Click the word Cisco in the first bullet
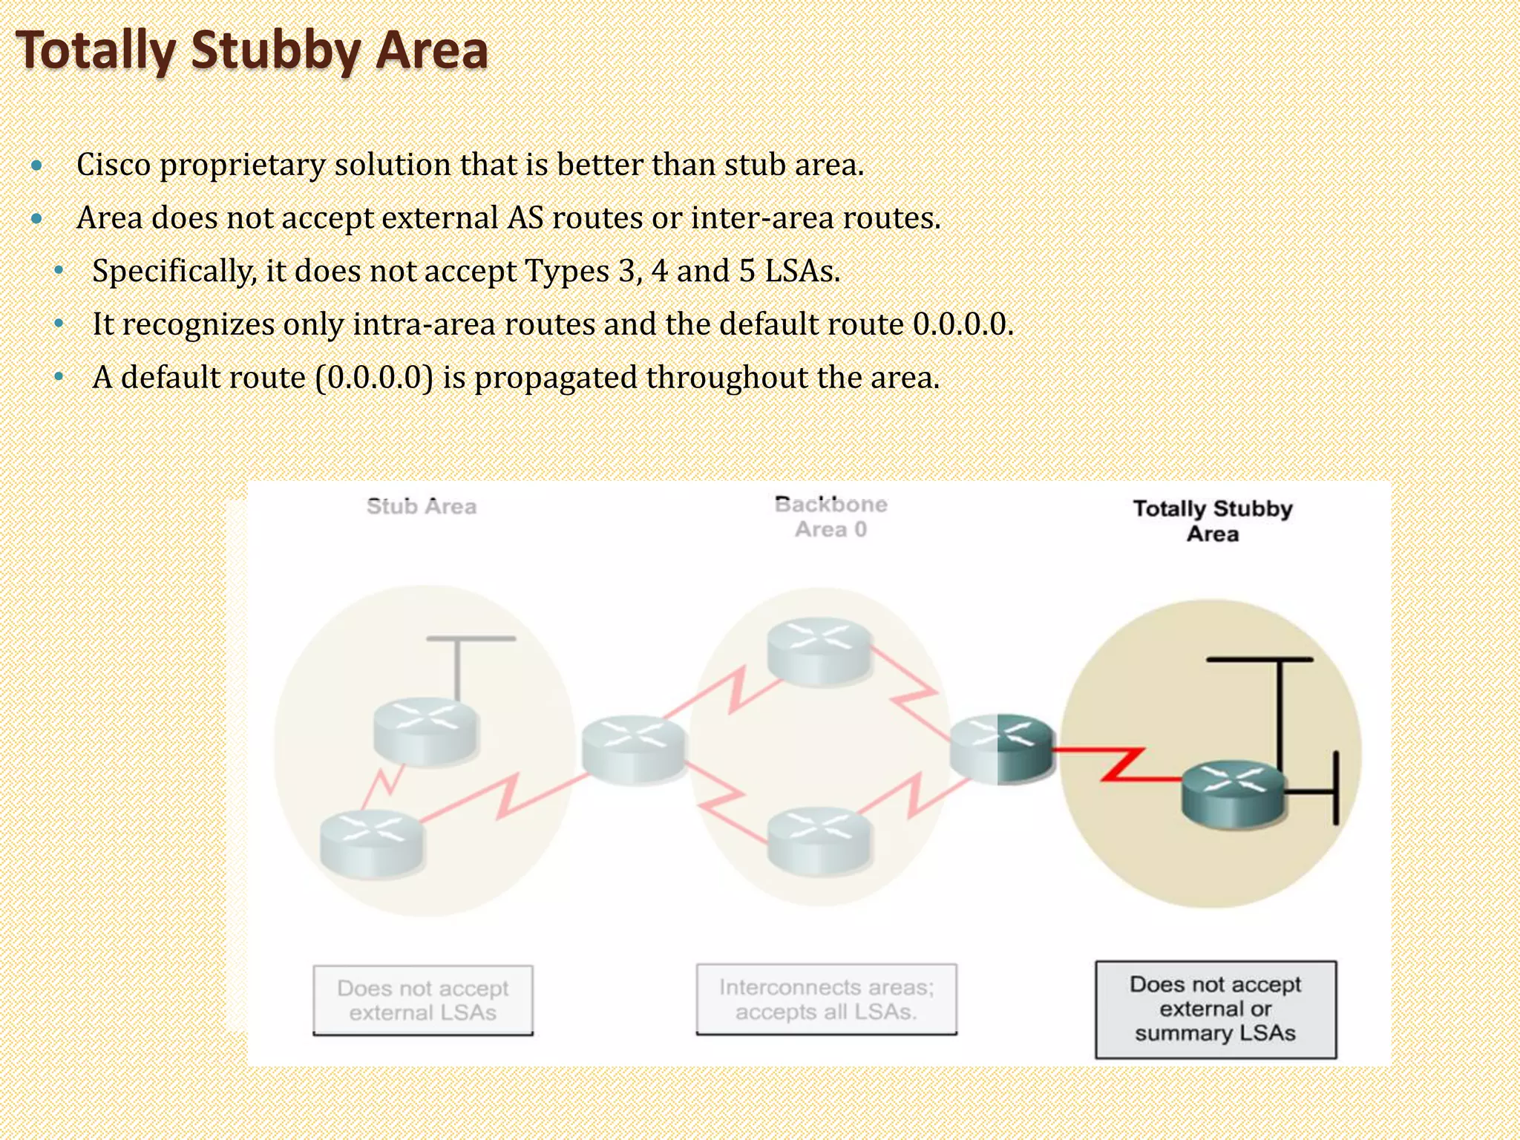[x=114, y=165]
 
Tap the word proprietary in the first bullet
[x=242, y=165]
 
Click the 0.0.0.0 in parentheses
[x=374, y=378]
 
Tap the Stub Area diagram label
[x=422, y=507]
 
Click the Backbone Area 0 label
[x=831, y=517]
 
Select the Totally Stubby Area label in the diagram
[x=1213, y=521]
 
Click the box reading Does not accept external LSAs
[x=423, y=1000]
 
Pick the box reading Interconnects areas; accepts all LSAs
[x=826, y=999]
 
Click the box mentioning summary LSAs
[x=1216, y=1009]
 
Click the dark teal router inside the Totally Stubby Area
[x=1233, y=793]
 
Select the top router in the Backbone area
[x=819, y=650]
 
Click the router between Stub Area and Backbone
[x=633, y=747]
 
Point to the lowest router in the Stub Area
[x=372, y=842]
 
